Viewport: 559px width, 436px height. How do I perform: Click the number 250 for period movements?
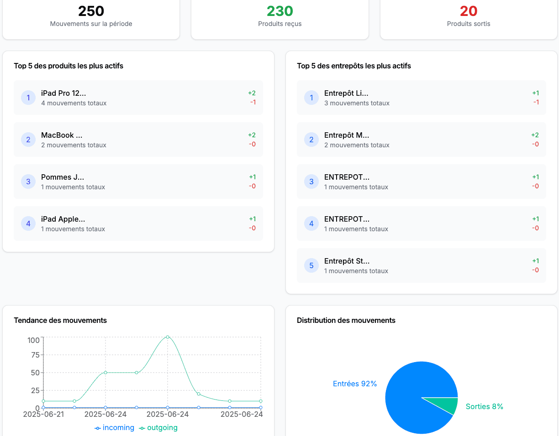click(x=91, y=11)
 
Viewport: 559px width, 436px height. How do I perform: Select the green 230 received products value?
click(x=279, y=11)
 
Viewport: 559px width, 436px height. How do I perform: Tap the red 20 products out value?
click(x=469, y=11)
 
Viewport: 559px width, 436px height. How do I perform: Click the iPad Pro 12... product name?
click(x=63, y=93)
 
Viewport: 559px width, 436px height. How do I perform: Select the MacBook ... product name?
click(x=62, y=135)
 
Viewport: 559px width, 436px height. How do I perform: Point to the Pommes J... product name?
click(x=63, y=177)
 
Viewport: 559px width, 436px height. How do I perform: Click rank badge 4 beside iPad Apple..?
click(x=28, y=223)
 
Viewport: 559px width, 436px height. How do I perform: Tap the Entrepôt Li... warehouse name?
click(x=346, y=93)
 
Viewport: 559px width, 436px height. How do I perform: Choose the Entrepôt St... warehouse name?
click(x=347, y=261)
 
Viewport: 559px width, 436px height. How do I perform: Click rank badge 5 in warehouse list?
click(x=311, y=265)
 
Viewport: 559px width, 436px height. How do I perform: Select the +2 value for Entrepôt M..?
click(x=535, y=135)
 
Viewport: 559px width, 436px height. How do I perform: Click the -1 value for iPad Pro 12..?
click(x=253, y=102)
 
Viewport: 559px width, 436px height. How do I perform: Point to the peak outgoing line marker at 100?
click(x=168, y=337)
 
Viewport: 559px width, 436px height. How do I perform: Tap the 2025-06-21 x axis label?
click(x=44, y=414)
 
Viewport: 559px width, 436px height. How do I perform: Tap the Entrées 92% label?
click(x=355, y=384)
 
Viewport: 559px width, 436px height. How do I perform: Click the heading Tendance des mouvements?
click(x=60, y=320)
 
